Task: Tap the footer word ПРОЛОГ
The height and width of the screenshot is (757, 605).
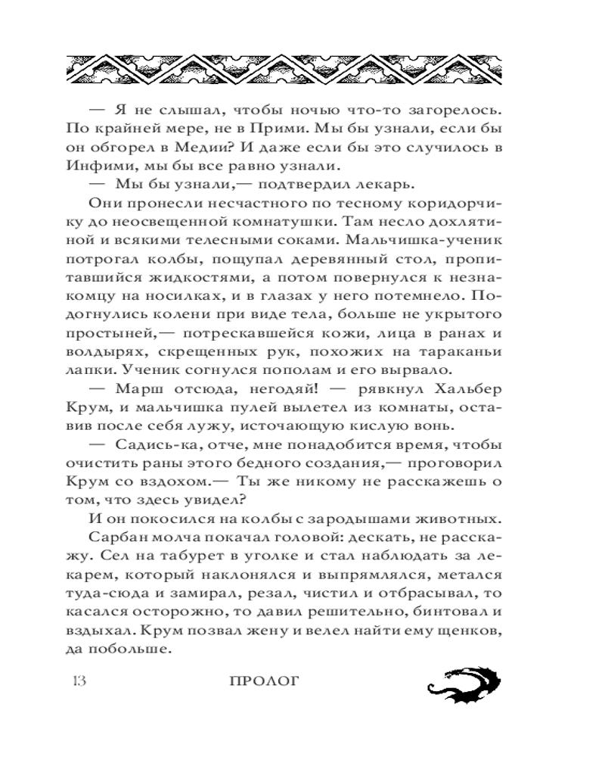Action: tap(264, 681)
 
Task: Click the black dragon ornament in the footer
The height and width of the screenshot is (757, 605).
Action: tap(458, 680)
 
